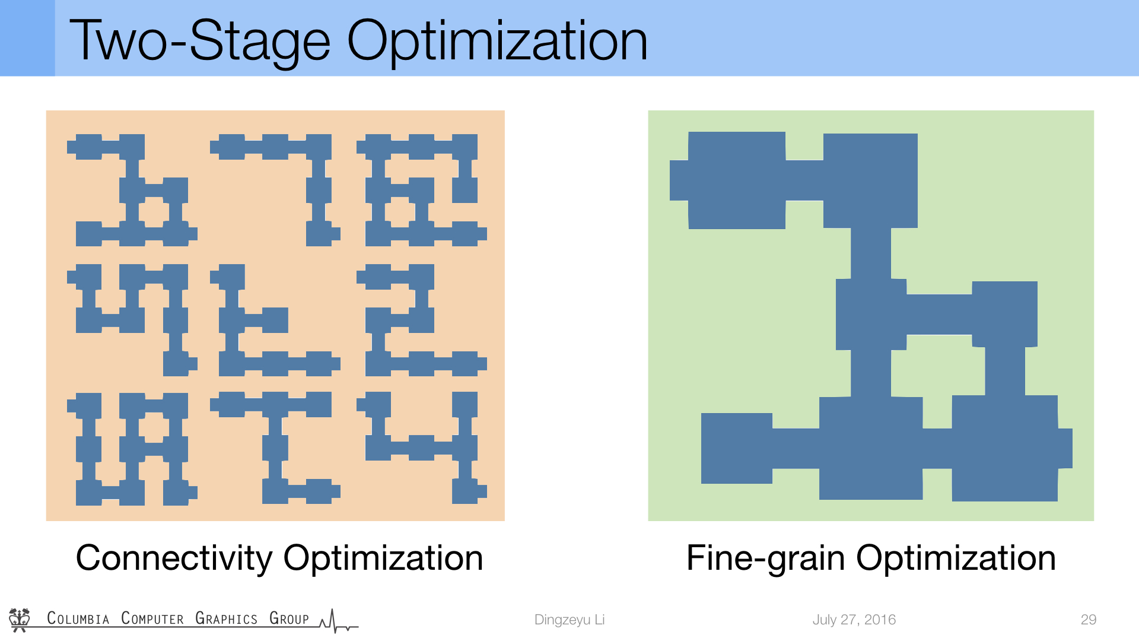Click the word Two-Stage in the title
coord(200,40)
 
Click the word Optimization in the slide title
coord(497,40)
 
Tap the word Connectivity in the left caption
coord(174,559)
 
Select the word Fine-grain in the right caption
coord(765,559)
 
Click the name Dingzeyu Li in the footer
coord(569,620)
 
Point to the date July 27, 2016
coord(854,620)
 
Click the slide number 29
coord(1089,620)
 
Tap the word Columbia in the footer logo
coord(78,618)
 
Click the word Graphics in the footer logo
coord(227,618)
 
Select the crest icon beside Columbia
coord(20,619)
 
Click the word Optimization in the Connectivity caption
coord(383,559)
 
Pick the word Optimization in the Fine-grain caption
coord(956,559)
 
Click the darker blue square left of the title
coord(27,38)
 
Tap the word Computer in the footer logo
coord(152,618)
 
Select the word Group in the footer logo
coord(289,618)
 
